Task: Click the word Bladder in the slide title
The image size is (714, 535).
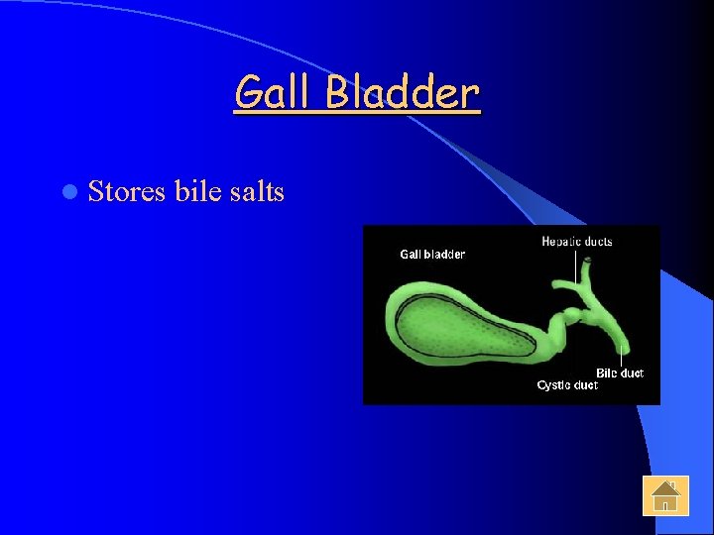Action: [x=403, y=94]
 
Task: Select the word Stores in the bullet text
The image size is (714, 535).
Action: [x=126, y=191]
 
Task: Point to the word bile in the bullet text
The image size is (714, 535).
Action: [x=197, y=191]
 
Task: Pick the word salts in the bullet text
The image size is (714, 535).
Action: [x=257, y=191]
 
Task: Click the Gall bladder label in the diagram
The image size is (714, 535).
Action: [x=432, y=255]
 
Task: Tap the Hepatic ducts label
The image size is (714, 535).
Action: [x=577, y=241]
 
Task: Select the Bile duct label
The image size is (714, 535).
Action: [x=620, y=374]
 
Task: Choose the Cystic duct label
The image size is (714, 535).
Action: [x=567, y=385]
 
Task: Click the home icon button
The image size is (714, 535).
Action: [x=664, y=495]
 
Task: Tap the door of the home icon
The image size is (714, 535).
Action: [x=666, y=505]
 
